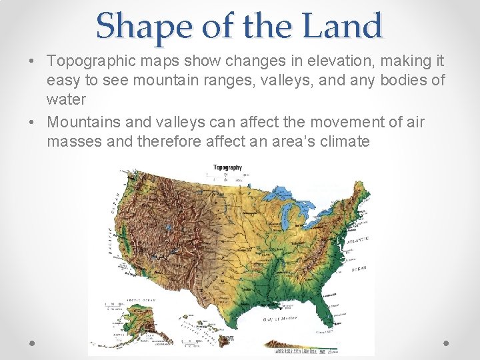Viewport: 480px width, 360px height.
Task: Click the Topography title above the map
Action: (227, 167)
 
